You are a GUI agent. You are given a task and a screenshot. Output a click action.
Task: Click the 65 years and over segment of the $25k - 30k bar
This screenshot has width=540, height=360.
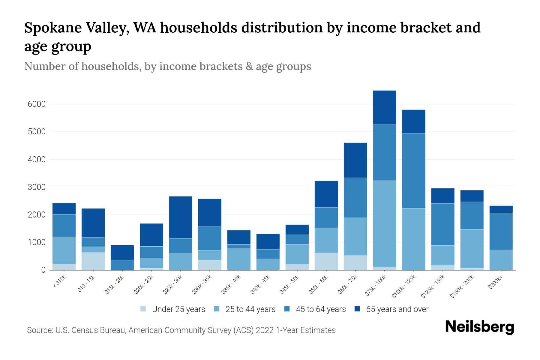pos(181,217)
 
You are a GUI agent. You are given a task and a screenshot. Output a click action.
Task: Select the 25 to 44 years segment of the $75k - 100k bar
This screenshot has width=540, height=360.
pos(384,223)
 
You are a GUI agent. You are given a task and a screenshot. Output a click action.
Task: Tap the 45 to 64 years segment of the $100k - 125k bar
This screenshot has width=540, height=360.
pos(413,171)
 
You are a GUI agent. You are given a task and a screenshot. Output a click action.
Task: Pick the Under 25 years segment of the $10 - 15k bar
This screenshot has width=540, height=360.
pos(93,261)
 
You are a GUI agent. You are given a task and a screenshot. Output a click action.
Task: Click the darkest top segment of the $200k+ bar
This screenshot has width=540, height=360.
pos(501,209)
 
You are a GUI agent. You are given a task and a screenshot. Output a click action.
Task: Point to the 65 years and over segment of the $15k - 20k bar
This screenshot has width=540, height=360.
pos(122,252)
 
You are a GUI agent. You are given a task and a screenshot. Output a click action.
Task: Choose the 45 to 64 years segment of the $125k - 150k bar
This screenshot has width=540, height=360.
pos(442,224)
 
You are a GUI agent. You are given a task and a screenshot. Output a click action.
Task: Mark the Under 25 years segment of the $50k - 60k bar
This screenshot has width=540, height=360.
pos(326,261)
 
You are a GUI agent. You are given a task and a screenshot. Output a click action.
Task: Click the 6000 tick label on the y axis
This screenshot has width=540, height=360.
pos(37,104)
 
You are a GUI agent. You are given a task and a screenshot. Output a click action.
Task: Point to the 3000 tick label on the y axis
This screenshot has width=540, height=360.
pos(37,187)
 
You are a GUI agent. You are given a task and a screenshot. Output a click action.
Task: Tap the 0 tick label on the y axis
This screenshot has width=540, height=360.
pos(43,270)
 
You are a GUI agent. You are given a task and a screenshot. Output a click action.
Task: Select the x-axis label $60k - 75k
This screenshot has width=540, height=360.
pos(348,284)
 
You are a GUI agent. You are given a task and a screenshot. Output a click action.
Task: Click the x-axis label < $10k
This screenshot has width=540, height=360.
pos(59,282)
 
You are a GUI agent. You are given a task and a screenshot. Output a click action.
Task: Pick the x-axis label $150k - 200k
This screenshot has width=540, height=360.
pos(462,286)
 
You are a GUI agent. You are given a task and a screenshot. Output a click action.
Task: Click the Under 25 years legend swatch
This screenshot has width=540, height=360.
pos(143,309)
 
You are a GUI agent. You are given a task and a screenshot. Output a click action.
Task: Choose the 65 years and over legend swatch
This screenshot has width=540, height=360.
pos(357,309)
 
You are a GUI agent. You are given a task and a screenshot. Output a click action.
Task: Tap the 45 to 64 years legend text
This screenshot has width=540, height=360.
pos(321,309)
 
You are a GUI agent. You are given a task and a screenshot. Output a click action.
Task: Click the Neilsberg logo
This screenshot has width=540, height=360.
pos(479,327)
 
